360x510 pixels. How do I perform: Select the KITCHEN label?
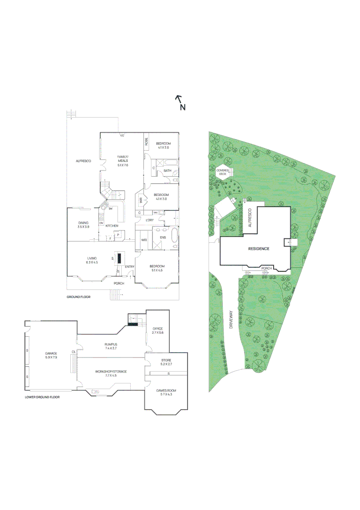[x=112, y=226]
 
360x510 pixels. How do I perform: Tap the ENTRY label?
[x=129, y=267]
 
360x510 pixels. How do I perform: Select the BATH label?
[x=167, y=170]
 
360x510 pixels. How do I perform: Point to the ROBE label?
[x=146, y=141]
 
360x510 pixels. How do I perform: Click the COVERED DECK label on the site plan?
[x=222, y=172]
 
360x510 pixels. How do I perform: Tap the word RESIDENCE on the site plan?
[x=259, y=249]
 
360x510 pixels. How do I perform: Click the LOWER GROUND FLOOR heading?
[x=42, y=397]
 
